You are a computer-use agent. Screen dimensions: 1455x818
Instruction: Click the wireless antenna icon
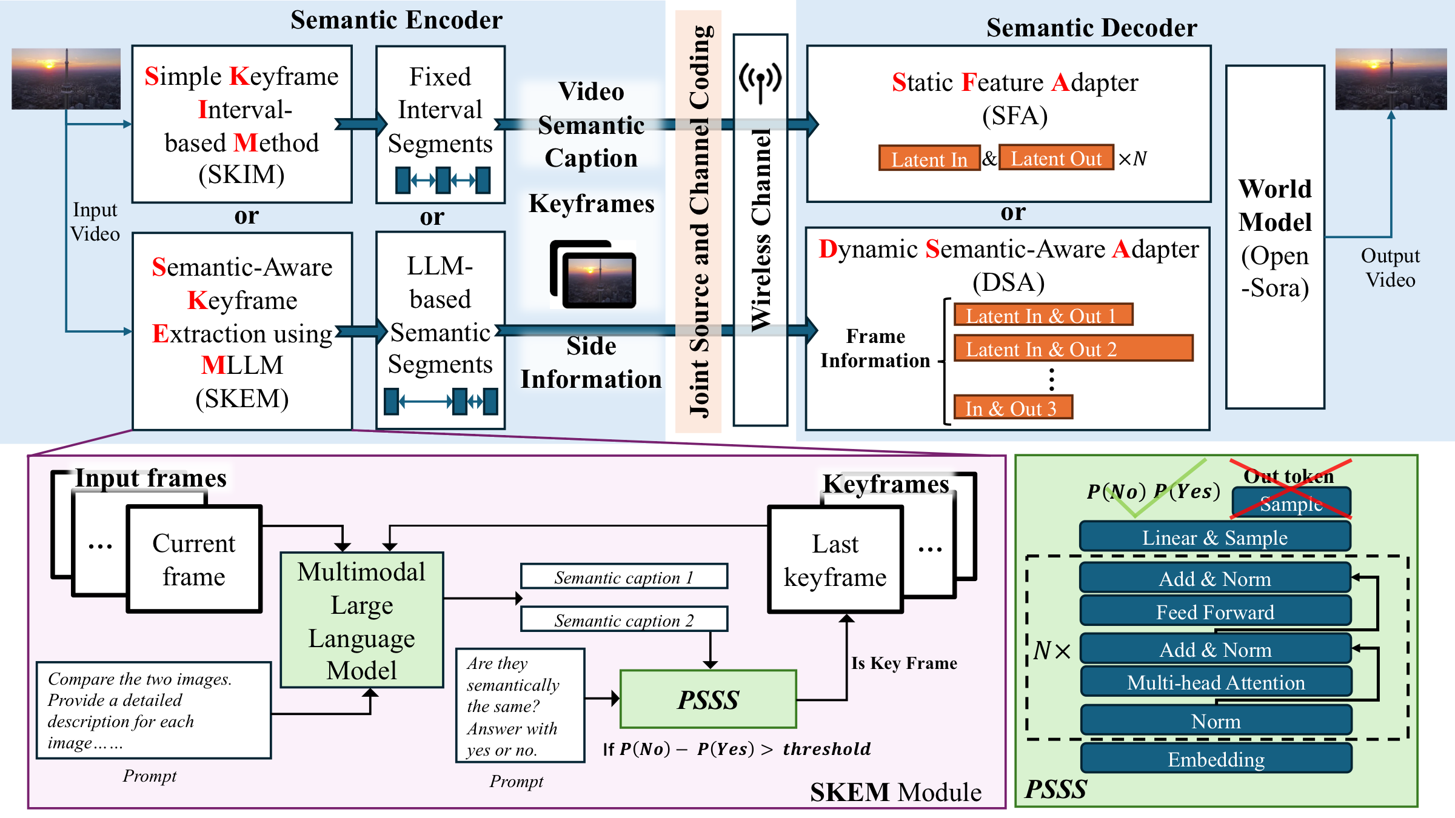click(760, 82)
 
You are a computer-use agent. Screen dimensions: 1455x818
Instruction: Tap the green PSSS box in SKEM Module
click(708, 699)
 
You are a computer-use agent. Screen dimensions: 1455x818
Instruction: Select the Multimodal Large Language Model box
click(362, 620)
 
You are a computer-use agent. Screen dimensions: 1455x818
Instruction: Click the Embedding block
click(1216, 759)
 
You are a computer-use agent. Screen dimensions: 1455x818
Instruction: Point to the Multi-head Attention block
click(1216, 682)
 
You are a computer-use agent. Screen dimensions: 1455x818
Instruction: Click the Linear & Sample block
click(1215, 537)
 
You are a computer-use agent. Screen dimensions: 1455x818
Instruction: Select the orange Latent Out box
click(1056, 158)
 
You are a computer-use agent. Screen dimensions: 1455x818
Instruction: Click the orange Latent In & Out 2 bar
click(1074, 348)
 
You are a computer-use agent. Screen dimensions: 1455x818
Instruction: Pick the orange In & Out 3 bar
click(1013, 407)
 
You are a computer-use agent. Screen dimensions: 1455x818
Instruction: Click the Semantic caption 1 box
click(624, 576)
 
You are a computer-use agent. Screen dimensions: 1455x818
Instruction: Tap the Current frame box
click(194, 559)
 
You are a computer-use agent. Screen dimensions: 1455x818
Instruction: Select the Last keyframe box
click(835, 559)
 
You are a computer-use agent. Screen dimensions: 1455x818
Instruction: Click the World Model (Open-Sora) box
click(1275, 237)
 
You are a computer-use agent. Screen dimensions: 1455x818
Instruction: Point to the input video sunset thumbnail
click(66, 79)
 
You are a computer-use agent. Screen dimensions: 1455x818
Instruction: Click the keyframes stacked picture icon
click(593, 274)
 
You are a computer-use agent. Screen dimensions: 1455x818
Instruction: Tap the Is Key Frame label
click(904, 663)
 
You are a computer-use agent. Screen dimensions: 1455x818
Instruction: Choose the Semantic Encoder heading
click(396, 20)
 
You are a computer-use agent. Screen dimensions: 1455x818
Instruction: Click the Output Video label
click(1390, 268)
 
